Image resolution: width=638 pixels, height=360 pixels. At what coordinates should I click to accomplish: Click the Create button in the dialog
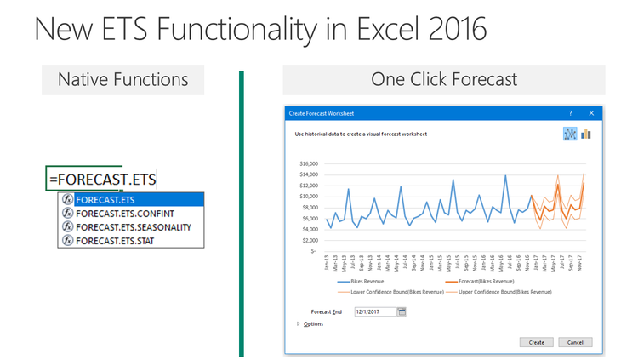coord(537,342)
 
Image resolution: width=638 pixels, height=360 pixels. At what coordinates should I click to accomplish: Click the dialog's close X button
coord(594,112)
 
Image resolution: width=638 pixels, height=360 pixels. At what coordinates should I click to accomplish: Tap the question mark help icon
coord(570,112)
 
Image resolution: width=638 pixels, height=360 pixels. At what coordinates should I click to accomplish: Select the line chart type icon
coord(570,134)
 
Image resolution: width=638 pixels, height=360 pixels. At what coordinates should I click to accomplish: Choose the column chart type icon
coord(586,134)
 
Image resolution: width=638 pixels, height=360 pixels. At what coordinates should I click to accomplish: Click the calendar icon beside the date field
coord(402,311)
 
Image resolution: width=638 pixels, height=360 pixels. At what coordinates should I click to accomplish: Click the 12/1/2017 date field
coord(375,311)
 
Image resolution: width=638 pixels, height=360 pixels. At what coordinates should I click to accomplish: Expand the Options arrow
coord(299,324)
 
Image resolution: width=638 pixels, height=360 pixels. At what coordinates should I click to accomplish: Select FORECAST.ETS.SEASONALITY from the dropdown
coord(133,227)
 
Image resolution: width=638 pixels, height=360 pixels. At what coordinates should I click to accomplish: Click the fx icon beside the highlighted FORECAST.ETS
coord(66,200)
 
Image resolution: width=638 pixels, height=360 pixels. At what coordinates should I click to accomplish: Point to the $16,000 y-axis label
coord(308,164)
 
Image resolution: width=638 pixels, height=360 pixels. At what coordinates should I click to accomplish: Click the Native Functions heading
coord(122,80)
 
